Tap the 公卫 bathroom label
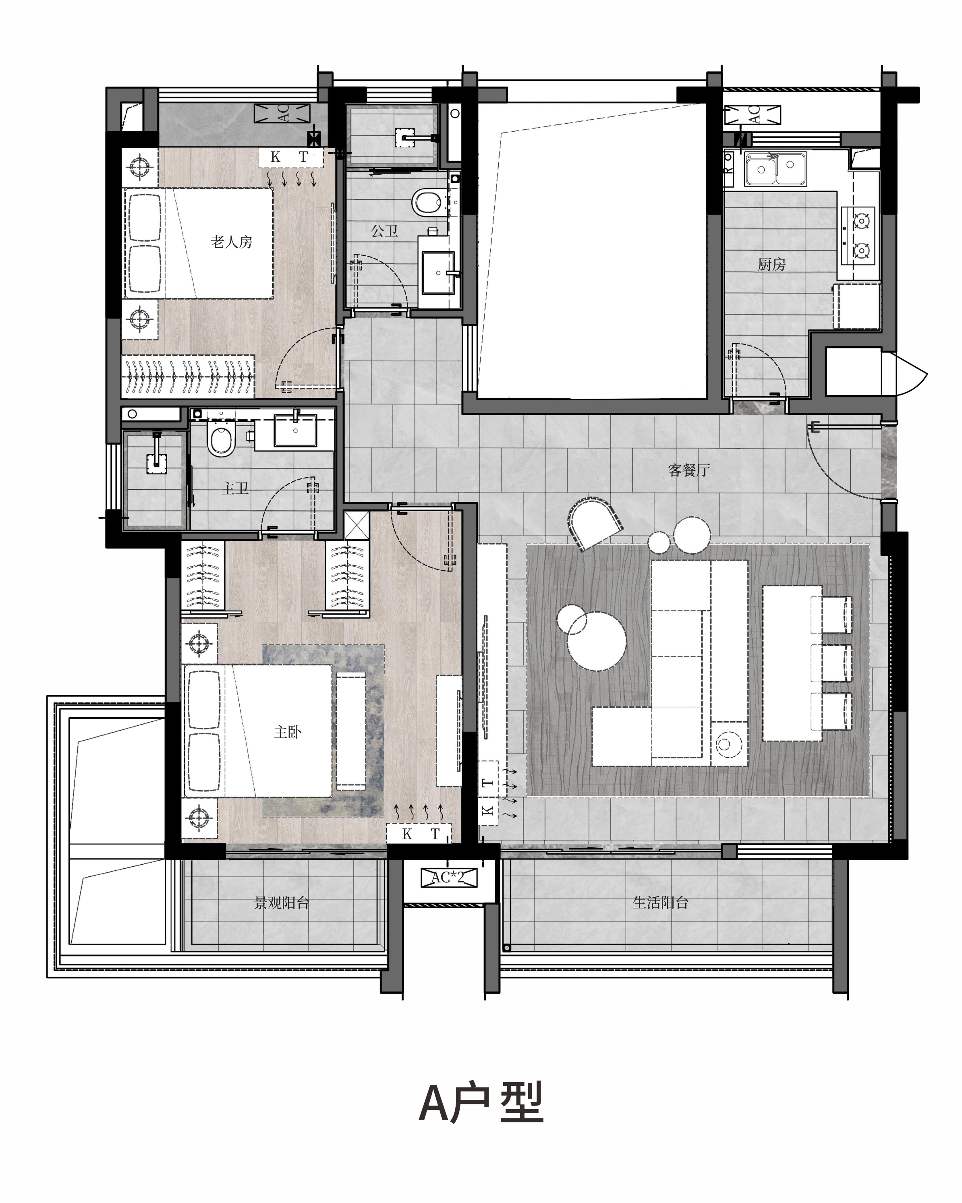(x=384, y=230)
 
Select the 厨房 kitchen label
(x=772, y=264)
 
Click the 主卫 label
(x=235, y=488)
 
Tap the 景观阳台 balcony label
(x=282, y=902)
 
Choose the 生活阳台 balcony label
(x=661, y=902)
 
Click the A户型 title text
(x=481, y=1103)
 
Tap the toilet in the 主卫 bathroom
(x=220, y=439)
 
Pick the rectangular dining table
(x=792, y=663)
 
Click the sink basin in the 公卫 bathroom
(x=439, y=273)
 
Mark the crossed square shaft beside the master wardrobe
(x=357, y=525)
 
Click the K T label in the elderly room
(x=290, y=157)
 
